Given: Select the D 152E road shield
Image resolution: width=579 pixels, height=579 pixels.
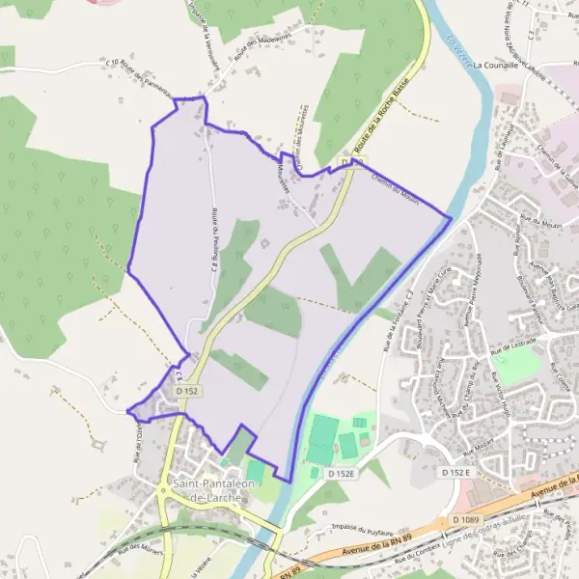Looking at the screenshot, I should [x=342, y=474].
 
